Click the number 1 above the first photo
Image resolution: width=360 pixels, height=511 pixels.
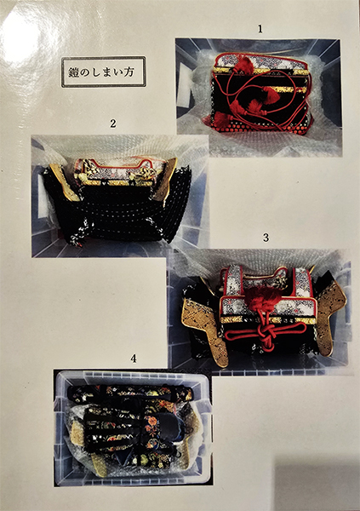[260, 29]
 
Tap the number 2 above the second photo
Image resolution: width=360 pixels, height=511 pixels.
[112, 123]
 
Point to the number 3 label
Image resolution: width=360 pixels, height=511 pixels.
[266, 238]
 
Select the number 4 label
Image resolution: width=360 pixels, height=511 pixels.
[133, 359]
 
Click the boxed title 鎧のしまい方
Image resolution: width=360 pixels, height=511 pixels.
[103, 72]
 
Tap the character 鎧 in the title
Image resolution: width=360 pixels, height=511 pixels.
[74, 72]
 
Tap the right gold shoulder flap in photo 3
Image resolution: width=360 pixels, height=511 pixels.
[331, 316]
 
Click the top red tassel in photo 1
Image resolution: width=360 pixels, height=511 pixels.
[243, 64]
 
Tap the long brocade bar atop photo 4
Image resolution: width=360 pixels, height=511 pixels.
[129, 393]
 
